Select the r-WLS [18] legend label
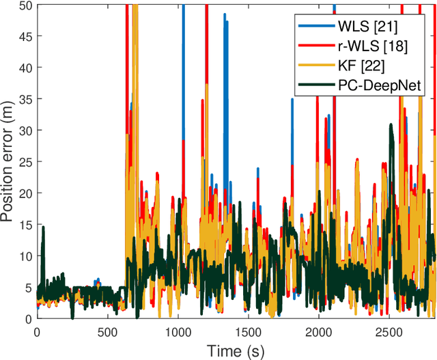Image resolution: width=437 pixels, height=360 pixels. pos(374,46)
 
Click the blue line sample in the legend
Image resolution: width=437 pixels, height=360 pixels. pos(313,27)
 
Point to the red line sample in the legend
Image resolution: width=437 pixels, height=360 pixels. pos(313,46)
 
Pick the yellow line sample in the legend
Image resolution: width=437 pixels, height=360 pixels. pos(313,66)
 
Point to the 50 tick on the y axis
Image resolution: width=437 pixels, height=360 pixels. pos(25,5)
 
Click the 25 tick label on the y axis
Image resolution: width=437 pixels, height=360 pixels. pos(25,162)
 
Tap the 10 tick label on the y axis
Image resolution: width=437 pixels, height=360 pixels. pos(25,256)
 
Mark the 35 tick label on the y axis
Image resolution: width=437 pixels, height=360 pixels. pos(25,99)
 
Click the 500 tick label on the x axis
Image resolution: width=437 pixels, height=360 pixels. pos(107,331)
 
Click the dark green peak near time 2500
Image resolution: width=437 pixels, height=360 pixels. pos(391,126)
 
